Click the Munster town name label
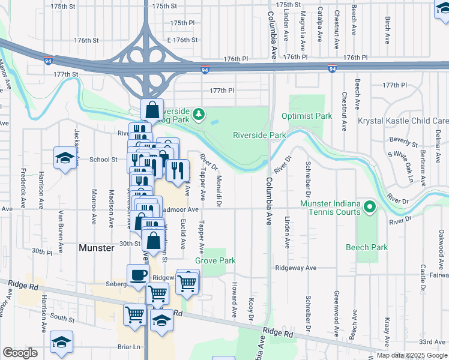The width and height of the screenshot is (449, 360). [x=96, y=247]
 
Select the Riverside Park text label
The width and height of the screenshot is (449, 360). [x=259, y=135]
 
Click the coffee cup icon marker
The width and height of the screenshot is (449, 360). [x=138, y=275]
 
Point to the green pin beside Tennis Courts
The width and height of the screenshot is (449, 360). [x=370, y=208]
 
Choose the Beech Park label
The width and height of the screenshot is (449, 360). [x=367, y=247]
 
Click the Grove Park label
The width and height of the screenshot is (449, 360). [x=215, y=261]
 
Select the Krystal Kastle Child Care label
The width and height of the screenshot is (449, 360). [x=403, y=121]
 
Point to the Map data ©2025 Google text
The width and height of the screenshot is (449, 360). [x=411, y=355]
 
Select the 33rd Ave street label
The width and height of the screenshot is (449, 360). [x=432, y=341]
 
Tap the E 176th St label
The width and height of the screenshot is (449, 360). [x=182, y=40]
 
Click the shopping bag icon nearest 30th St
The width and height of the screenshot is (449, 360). [x=154, y=241]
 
